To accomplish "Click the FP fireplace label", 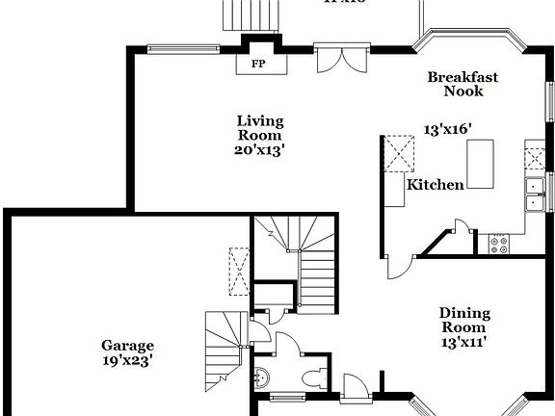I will (x=257, y=64).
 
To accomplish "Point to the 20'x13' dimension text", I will (x=260, y=150).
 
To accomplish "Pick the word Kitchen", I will (x=436, y=184).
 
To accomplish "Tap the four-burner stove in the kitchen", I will (x=499, y=245).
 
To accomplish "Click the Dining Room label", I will (x=464, y=320).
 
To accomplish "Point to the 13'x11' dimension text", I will (x=464, y=341).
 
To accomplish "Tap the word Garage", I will (x=128, y=346).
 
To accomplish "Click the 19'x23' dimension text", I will (x=128, y=361).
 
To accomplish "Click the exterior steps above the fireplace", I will (x=249, y=14).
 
